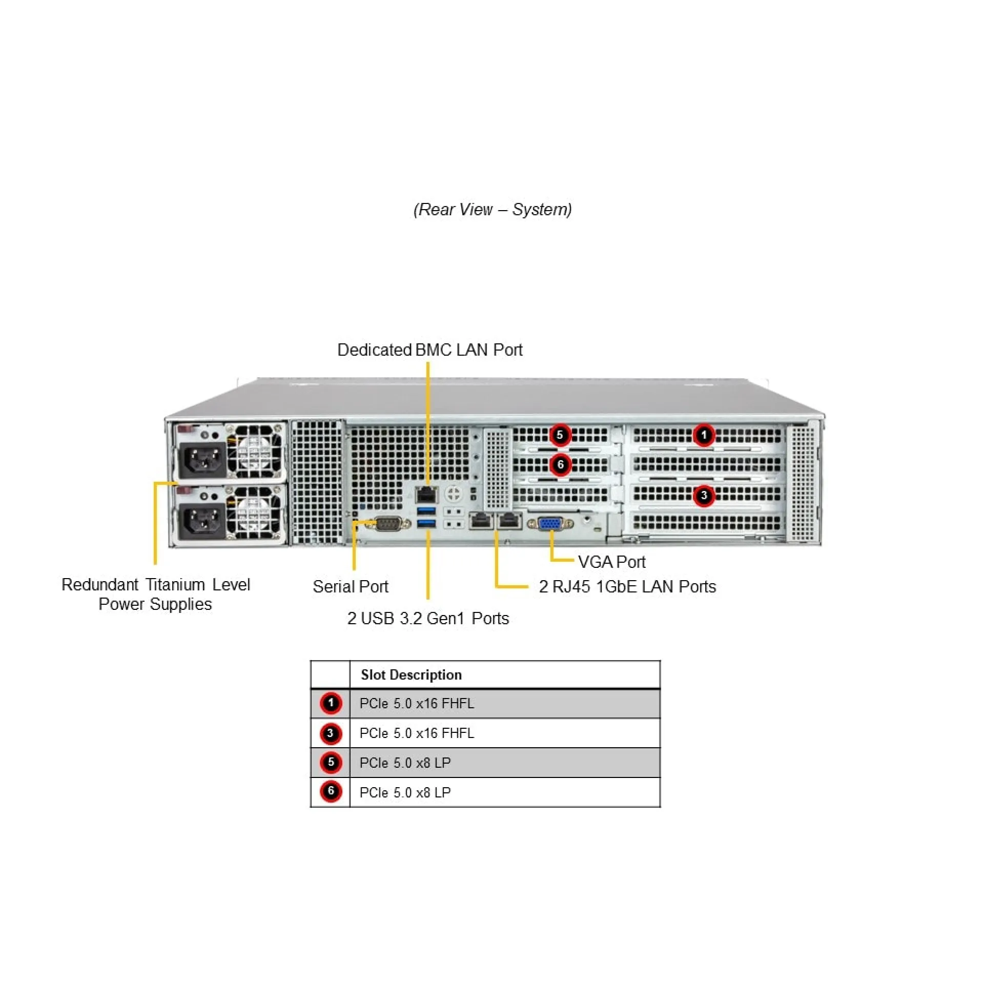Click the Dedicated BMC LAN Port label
429,350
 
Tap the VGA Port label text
611,562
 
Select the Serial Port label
351,586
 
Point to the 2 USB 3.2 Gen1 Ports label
428,619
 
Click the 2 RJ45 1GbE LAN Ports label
627,586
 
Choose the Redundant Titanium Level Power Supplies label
155,594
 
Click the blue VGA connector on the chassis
550,523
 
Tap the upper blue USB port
426,510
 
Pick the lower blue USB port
426,523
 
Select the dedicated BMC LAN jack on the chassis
426,495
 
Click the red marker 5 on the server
560,435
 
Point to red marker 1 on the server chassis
704,435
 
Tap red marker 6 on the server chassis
560,465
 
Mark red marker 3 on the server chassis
704,496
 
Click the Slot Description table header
411,675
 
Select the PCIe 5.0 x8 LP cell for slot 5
405,763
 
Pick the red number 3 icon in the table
331,733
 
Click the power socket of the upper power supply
202,458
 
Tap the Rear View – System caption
493,210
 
